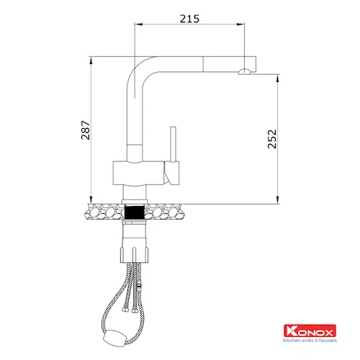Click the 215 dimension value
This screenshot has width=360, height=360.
pos(189,19)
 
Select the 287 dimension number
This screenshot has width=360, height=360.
pos(86,130)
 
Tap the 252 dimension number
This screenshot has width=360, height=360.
pos(272,139)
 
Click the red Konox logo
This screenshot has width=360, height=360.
pos(310,330)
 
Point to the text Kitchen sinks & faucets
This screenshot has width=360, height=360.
pos(310,340)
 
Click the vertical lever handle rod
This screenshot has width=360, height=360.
pos(173,144)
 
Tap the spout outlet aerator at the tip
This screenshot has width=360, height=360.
pos(245,71)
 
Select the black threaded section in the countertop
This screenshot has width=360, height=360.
pos(135,212)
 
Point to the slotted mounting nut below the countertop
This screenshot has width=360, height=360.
pos(134,254)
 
